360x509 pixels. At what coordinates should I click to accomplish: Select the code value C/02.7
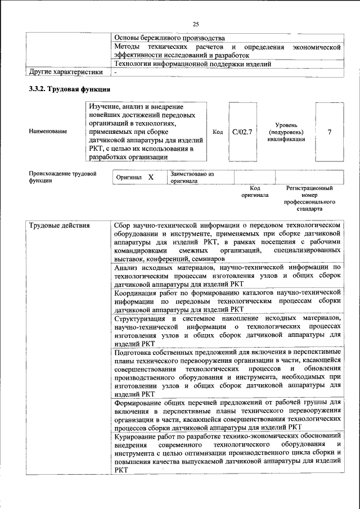(242, 132)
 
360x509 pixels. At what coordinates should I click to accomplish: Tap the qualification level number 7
(329, 132)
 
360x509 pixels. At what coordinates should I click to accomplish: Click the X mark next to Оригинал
(151, 177)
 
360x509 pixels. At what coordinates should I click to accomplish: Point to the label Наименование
(48, 132)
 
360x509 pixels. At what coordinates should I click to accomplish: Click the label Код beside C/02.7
(218, 132)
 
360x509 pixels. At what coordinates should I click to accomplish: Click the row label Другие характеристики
(66, 72)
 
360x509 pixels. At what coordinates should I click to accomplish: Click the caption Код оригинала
(255, 191)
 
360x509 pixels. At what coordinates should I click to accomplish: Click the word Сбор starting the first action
(124, 226)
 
